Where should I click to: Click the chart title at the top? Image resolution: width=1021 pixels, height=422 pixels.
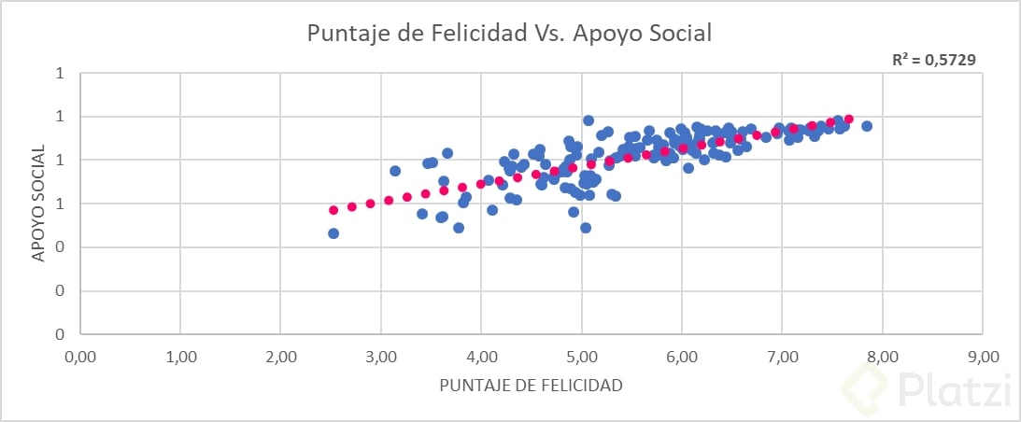coord(510,34)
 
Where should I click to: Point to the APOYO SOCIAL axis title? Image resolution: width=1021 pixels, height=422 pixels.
coord(38,204)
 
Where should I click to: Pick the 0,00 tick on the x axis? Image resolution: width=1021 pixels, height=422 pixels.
coord(79,356)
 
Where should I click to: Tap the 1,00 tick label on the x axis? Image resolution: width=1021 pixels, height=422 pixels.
coord(180,356)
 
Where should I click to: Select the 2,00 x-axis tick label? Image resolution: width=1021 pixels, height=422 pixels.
coord(280,356)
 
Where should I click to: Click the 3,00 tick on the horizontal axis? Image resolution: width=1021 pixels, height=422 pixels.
coord(381,356)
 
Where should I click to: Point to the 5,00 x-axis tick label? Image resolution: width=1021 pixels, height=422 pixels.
coord(582,356)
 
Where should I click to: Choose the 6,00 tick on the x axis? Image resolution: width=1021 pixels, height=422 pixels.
coord(682,356)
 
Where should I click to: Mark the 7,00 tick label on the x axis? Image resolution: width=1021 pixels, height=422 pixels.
coord(783,356)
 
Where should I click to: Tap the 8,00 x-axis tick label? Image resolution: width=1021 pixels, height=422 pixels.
coord(883,356)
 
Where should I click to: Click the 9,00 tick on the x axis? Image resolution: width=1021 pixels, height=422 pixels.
coord(983,356)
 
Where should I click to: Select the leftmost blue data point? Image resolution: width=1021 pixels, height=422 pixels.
coord(333,233)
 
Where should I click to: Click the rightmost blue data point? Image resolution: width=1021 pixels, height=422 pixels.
coord(867,126)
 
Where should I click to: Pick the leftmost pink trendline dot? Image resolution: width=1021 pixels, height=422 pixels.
coord(333,210)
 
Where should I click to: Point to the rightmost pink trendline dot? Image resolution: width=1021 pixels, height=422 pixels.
coord(849,120)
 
